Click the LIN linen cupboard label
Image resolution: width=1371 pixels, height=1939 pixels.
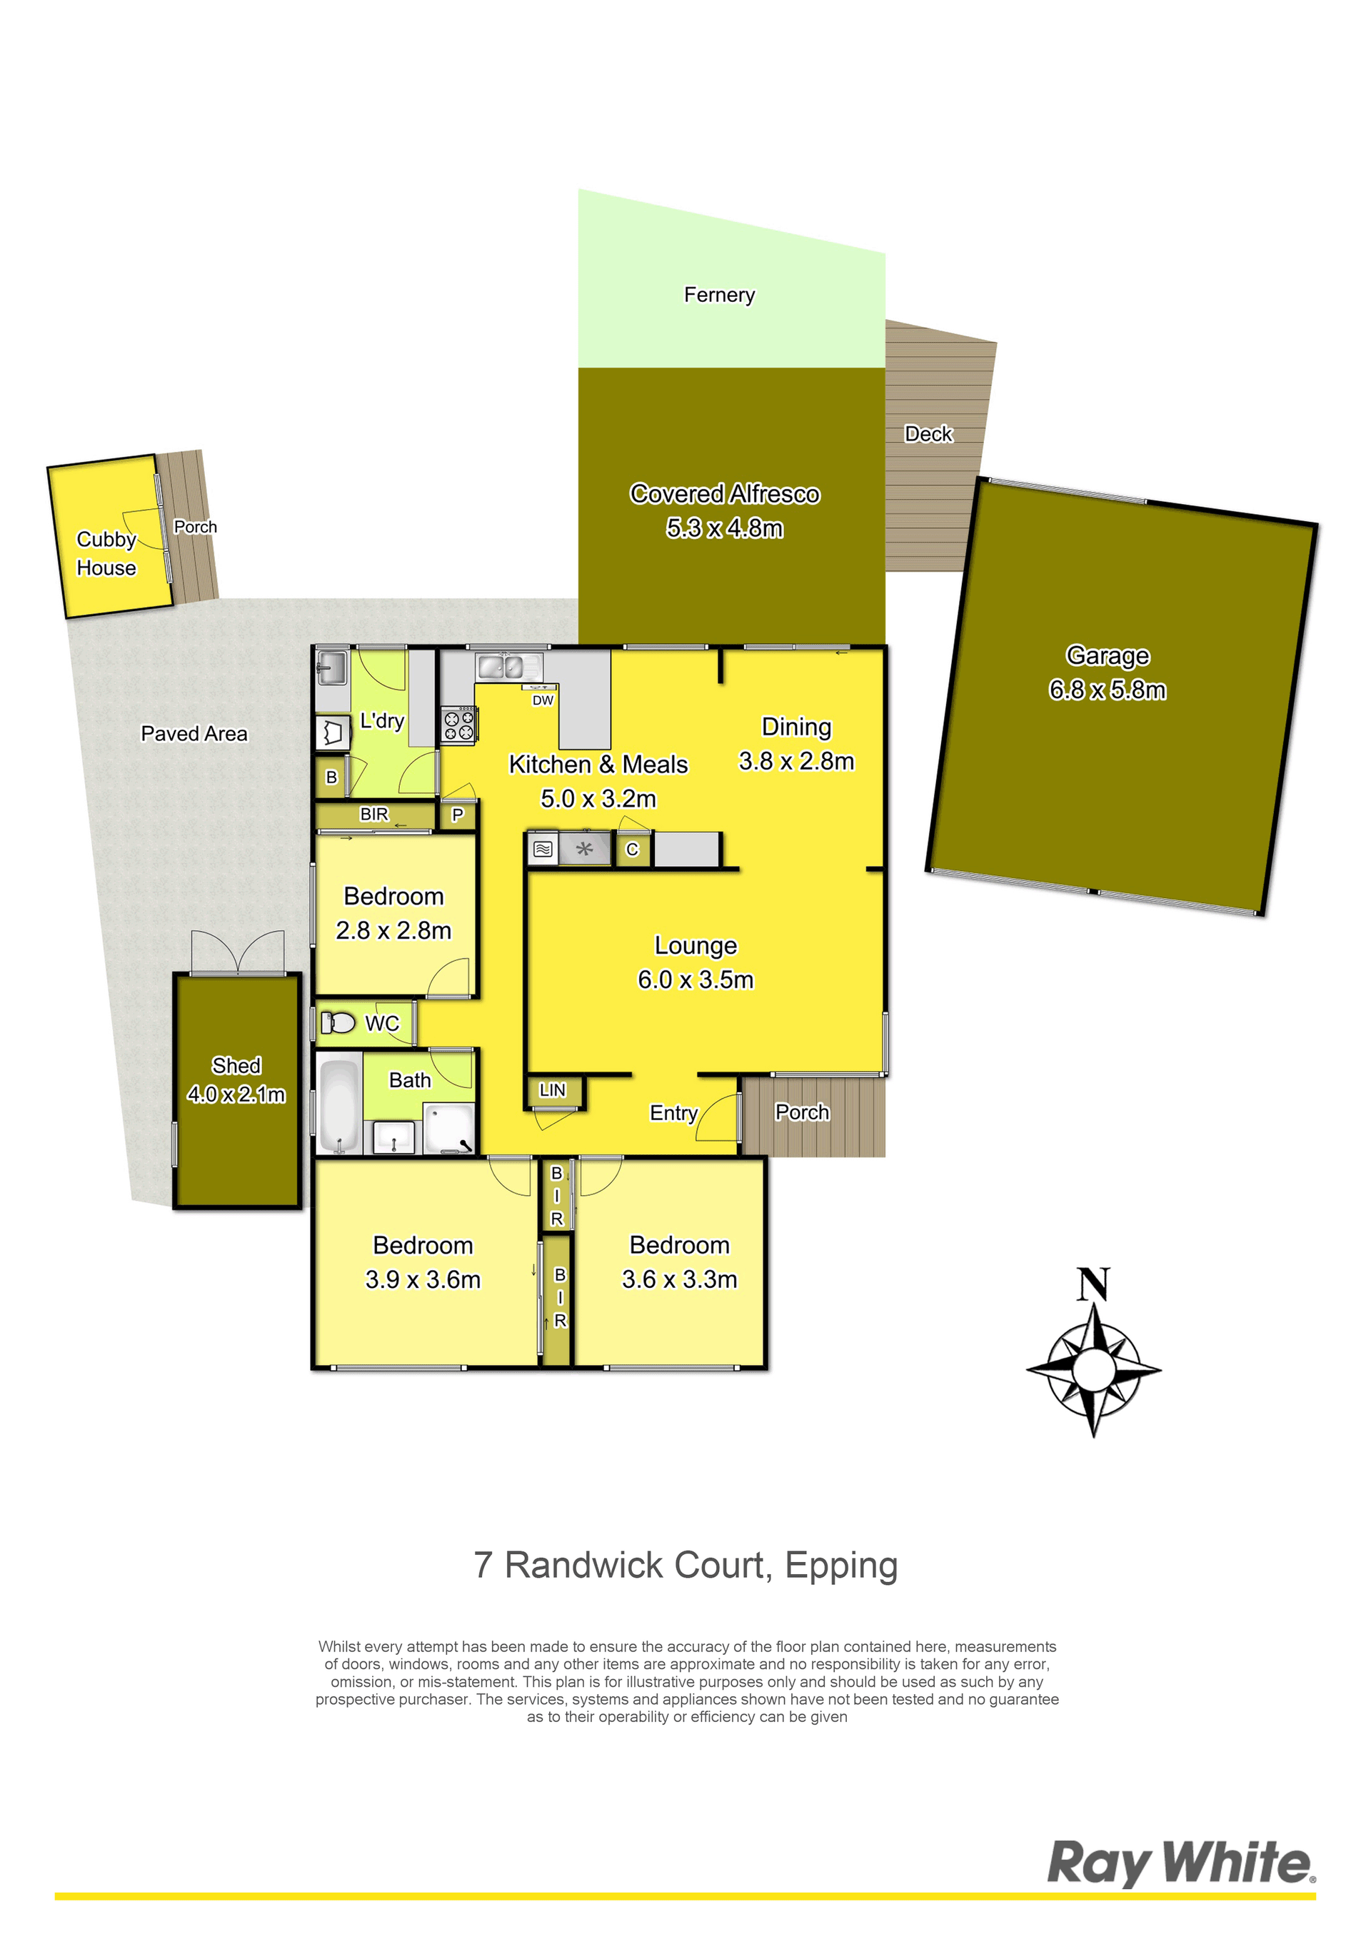tap(553, 1089)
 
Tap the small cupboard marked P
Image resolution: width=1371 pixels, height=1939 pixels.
tap(458, 815)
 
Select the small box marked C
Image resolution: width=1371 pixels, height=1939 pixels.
tap(632, 849)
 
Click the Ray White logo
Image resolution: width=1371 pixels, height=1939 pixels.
tap(1181, 1863)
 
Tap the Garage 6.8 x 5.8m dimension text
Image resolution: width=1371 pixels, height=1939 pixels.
tap(1108, 690)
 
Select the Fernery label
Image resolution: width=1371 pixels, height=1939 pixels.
tap(719, 295)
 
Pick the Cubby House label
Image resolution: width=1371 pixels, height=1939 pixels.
tap(106, 553)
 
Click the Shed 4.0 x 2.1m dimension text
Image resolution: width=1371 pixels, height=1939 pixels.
tap(236, 1094)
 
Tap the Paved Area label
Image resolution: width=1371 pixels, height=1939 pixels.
tap(194, 733)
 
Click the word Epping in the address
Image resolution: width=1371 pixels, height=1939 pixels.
tap(840, 1566)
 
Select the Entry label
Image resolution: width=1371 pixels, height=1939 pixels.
tap(673, 1113)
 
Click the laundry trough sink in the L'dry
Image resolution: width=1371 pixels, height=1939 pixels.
tap(332, 670)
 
